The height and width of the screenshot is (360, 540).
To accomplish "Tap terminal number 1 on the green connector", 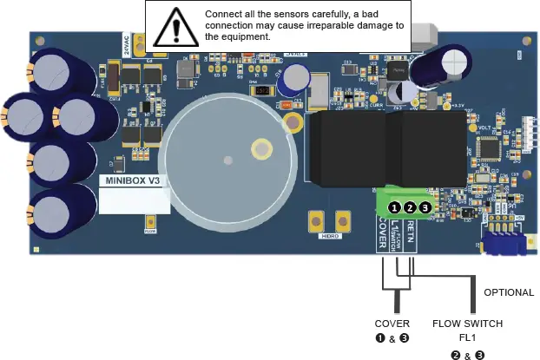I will click(395, 207).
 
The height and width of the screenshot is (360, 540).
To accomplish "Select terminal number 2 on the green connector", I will click(410, 207).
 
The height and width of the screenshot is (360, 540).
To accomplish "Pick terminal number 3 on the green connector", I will click(425, 207).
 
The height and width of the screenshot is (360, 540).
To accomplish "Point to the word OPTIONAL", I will click(508, 292).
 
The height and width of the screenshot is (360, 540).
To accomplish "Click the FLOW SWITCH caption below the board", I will click(467, 323).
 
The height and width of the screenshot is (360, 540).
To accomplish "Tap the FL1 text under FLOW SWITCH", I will click(468, 337).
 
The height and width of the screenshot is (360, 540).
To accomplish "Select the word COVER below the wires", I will click(392, 323).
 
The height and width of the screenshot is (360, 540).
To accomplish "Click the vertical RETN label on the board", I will click(411, 234).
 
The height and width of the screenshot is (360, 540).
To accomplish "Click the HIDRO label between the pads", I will click(331, 234).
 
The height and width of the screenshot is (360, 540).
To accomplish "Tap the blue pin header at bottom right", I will click(503, 242).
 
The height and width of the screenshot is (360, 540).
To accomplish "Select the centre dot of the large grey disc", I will click(227, 159).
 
